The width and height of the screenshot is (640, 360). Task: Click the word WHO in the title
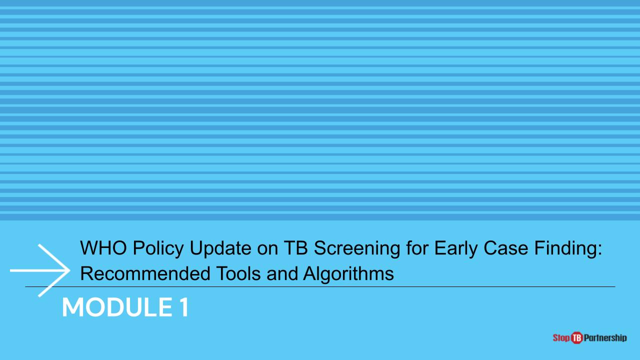[103, 247]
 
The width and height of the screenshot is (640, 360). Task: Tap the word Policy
[157, 249]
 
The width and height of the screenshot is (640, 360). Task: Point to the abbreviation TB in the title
[295, 247]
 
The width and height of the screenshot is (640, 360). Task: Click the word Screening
[357, 249]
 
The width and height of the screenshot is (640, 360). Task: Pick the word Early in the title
[455, 249]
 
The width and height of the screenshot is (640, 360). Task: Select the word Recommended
[144, 273]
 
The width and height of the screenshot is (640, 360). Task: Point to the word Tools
[238, 273]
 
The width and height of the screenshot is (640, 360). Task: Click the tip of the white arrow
[69, 270]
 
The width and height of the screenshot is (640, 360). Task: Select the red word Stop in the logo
[561, 338]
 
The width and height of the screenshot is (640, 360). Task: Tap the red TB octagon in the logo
[577, 338]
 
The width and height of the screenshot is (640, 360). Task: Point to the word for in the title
[417, 247]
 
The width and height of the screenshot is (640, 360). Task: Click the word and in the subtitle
[282, 273]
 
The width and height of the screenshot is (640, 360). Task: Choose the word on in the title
[267, 249]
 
